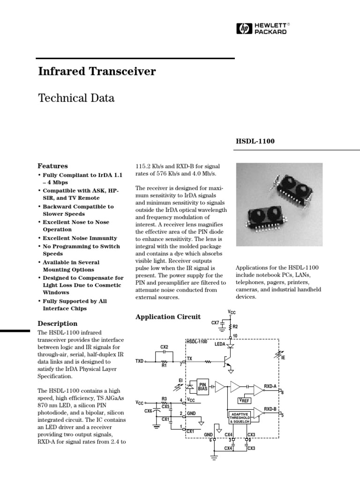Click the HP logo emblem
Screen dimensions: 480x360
(243, 29)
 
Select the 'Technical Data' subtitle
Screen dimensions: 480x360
(76, 98)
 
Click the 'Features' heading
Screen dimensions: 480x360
(52, 166)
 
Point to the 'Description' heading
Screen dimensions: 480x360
(58, 323)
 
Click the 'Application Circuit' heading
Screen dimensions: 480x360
(168, 317)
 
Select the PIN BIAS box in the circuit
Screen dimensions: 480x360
(203, 386)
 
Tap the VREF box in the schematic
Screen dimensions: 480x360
(244, 401)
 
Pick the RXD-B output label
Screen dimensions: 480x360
(270, 409)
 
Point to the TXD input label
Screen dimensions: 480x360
(140, 361)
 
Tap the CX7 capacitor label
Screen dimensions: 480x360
(215, 322)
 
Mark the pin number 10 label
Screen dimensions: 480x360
(235, 336)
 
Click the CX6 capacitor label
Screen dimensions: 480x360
(148, 411)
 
